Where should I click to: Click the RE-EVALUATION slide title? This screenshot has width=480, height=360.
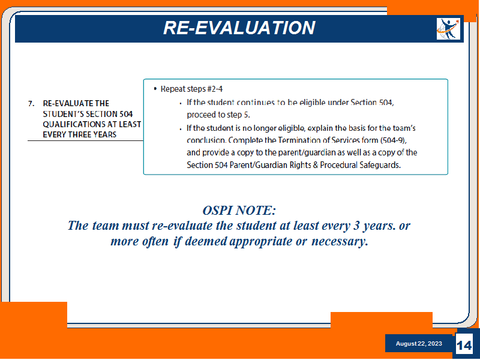click(x=239, y=28)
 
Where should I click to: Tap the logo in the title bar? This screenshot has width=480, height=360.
click(x=448, y=29)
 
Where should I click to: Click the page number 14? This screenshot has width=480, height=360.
click(x=464, y=346)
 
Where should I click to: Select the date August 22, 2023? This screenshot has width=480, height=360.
click(x=419, y=343)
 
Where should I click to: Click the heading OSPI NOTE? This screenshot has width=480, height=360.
click(x=239, y=211)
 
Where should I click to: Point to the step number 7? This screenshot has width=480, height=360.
click(x=31, y=104)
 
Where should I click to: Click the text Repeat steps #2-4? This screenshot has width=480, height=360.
click(x=191, y=89)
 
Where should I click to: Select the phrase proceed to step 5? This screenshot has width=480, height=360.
click(x=218, y=115)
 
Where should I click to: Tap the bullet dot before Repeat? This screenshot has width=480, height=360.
click(x=155, y=89)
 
